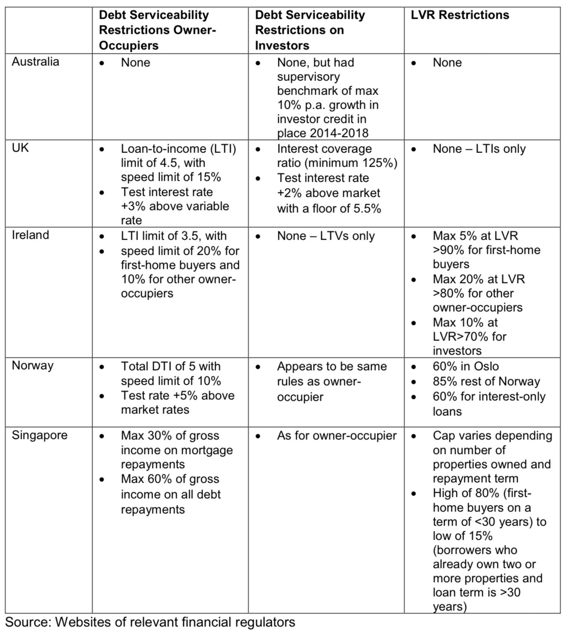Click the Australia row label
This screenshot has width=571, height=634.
pos(35,62)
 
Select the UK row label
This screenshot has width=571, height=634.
pos(20,148)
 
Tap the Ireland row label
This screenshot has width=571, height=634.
pos(30,235)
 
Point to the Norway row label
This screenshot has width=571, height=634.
pos(33,366)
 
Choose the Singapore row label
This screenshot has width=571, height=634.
pos(40,435)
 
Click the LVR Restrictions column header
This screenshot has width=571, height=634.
pos(460,15)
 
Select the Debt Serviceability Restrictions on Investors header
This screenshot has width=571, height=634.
pos(310,30)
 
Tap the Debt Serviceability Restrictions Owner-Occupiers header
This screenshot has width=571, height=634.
pos(157,30)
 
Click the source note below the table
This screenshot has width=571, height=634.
pos(150,622)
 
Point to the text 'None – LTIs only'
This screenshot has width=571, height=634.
pos(479,149)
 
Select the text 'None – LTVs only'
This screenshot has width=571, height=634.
pos(326,236)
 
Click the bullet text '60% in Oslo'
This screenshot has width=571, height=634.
pos(465,366)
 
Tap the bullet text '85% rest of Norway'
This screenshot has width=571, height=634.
pos(486,382)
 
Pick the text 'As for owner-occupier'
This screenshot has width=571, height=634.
pos(336,436)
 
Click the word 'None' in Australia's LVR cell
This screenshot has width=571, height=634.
pos(447,63)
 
